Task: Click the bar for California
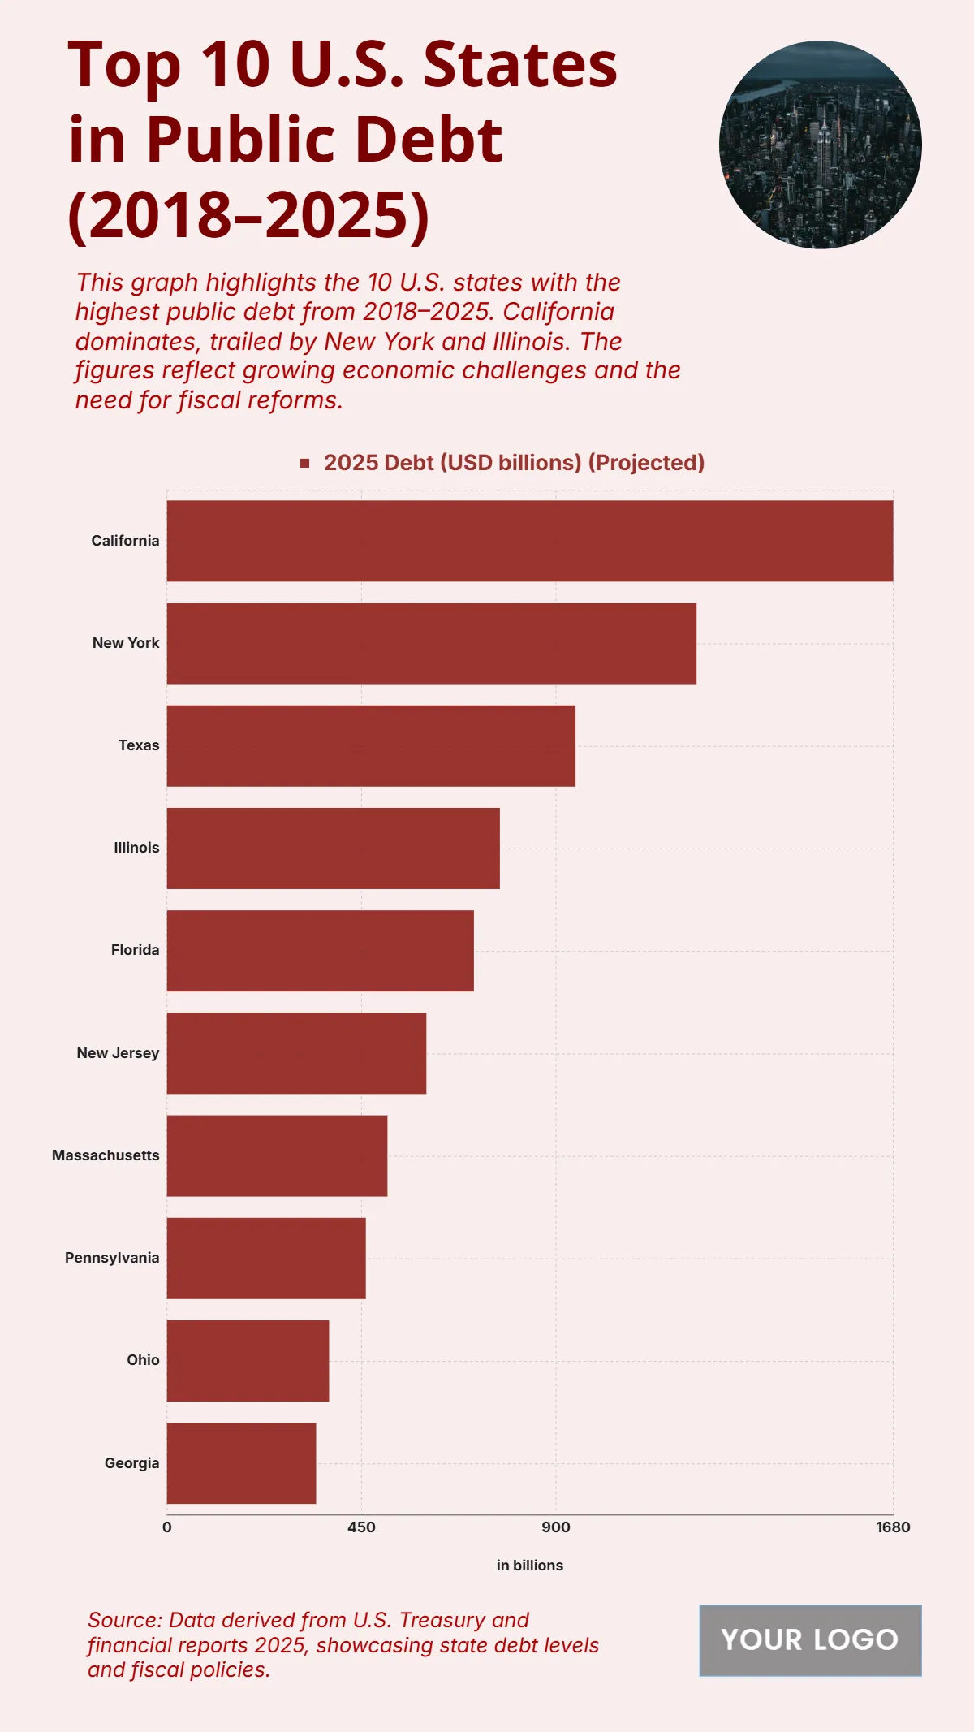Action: [x=529, y=541]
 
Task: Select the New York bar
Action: [x=431, y=643]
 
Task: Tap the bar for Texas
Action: [x=371, y=745]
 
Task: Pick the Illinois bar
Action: [x=333, y=848]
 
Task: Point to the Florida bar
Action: [x=320, y=950]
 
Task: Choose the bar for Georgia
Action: [x=241, y=1463]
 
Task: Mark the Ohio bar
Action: [x=248, y=1360]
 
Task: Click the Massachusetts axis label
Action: [x=106, y=1155]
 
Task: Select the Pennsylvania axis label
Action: [x=112, y=1258]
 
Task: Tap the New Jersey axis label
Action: [x=118, y=1053]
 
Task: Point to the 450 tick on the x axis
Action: [x=361, y=1527]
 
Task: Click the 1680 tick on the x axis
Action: [x=892, y=1527]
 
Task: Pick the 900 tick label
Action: [x=556, y=1527]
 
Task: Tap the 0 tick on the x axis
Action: [x=167, y=1527]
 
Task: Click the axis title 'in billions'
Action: [x=529, y=1566]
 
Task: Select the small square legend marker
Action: [x=305, y=463]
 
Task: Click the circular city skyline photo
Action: [x=820, y=145]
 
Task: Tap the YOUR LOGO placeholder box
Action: [x=810, y=1640]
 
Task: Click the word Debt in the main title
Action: [x=428, y=140]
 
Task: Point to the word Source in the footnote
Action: [x=123, y=1620]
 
